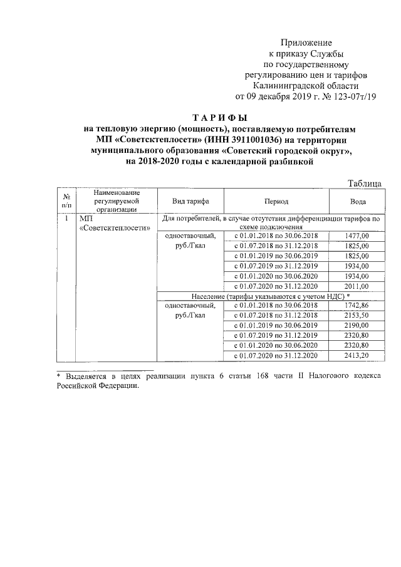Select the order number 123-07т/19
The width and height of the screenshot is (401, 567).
(354, 96)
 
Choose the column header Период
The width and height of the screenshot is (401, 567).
(276, 201)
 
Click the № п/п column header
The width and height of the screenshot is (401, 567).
(66, 201)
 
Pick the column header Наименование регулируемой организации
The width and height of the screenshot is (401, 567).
(116, 201)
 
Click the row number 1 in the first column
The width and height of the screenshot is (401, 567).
(66, 219)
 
